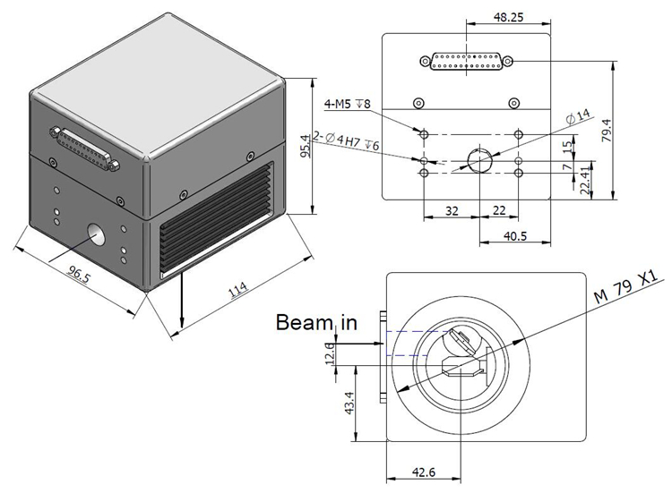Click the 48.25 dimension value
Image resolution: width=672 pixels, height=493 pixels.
(x=508, y=17)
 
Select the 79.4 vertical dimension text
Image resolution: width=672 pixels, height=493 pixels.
(x=607, y=131)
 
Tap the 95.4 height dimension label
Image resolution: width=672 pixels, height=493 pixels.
(x=306, y=147)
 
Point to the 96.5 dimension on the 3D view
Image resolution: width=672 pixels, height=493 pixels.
(x=79, y=274)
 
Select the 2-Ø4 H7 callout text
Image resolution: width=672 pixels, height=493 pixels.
(x=346, y=140)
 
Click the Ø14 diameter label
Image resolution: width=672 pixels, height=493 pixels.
(x=578, y=117)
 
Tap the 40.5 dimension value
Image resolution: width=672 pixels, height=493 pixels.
(x=515, y=236)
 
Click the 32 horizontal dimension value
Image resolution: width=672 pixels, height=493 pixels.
(x=452, y=211)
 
